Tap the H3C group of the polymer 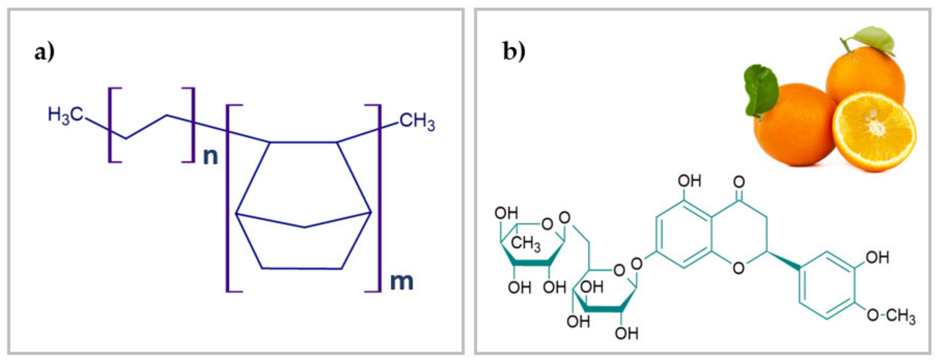tap(66, 115)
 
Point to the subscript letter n tap(210, 157)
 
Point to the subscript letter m tap(402, 282)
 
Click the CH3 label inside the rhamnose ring tap(526, 243)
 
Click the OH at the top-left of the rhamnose tap(506, 213)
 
